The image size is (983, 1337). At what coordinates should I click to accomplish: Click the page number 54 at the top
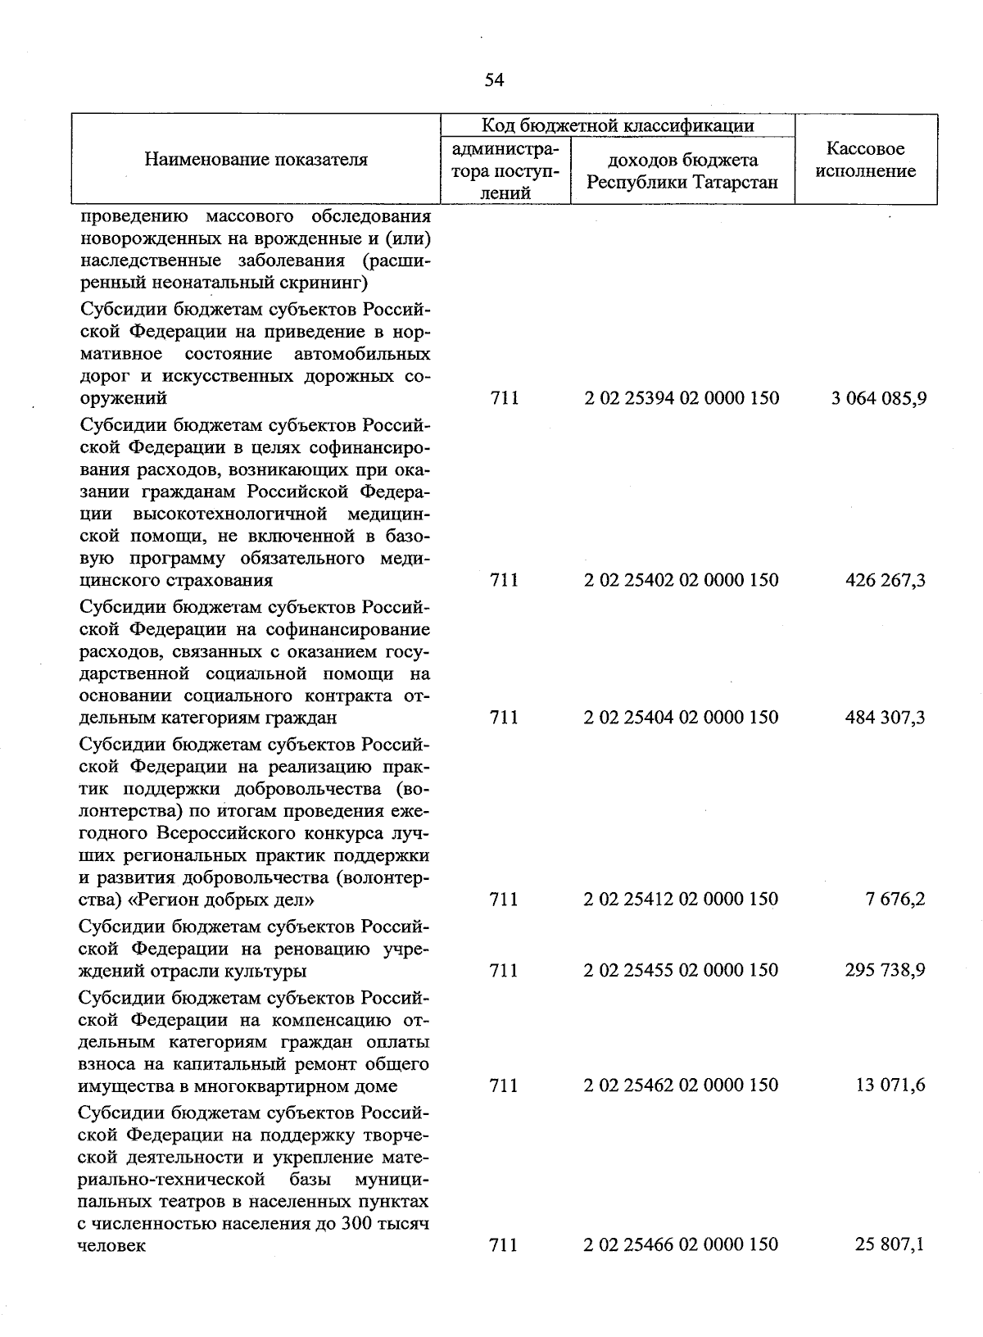pyautogui.click(x=494, y=79)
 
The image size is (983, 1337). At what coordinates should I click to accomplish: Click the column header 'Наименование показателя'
pyautogui.click(x=256, y=160)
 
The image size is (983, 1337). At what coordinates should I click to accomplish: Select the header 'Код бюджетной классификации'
pyautogui.click(x=618, y=125)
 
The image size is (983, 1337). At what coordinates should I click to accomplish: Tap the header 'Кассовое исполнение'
pyautogui.click(x=866, y=160)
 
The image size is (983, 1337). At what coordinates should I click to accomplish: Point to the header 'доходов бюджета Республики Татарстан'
pyautogui.click(x=682, y=171)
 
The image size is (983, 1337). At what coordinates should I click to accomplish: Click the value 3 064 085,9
pyautogui.click(x=879, y=398)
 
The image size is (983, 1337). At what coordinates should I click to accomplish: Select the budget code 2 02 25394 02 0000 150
pyautogui.click(x=682, y=398)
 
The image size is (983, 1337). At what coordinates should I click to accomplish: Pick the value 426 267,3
pyautogui.click(x=885, y=580)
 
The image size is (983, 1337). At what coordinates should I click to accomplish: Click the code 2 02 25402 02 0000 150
pyautogui.click(x=682, y=580)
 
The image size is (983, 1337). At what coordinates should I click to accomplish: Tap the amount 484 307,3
pyautogui.click(x=885, y=718)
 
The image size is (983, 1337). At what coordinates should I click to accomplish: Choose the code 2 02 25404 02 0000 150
pyautogui.click(x=682, y=718)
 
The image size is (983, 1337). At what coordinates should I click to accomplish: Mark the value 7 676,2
pyautogui.click(x=895, y=900)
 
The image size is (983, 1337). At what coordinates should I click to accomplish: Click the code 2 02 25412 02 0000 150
pyautogui.click(x=682, y=900)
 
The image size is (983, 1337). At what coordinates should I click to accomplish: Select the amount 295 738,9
pyautogui.click(x=885, y=971)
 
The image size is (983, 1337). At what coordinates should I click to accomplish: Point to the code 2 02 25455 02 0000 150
pyautogui.click(x=682, y=971)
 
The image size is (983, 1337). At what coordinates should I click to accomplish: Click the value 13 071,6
pyautogui.click(x=890, y=1085)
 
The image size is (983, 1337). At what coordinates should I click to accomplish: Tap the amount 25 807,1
pyautogui.click(x=890, y=1244)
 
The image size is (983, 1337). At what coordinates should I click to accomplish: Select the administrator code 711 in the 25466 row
pyautogui.click(x=504, y=1244)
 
